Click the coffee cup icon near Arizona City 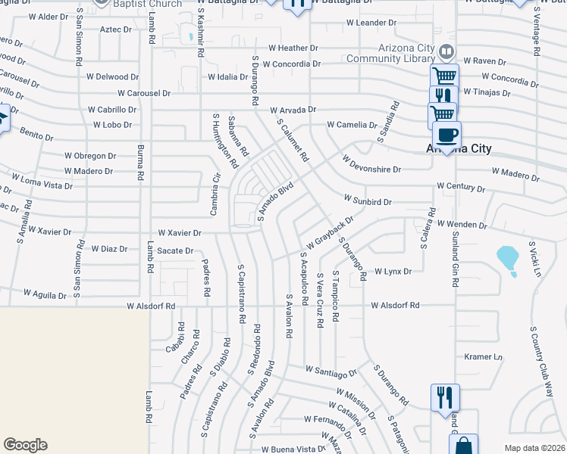coord(447,135)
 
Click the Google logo coord(25,445)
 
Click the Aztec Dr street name coord(116,30)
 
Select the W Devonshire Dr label coord(371,164)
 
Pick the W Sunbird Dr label coord(368,202)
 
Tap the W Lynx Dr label coord(393,271)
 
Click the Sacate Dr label coord(176,250)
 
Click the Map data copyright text coord(534,448)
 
